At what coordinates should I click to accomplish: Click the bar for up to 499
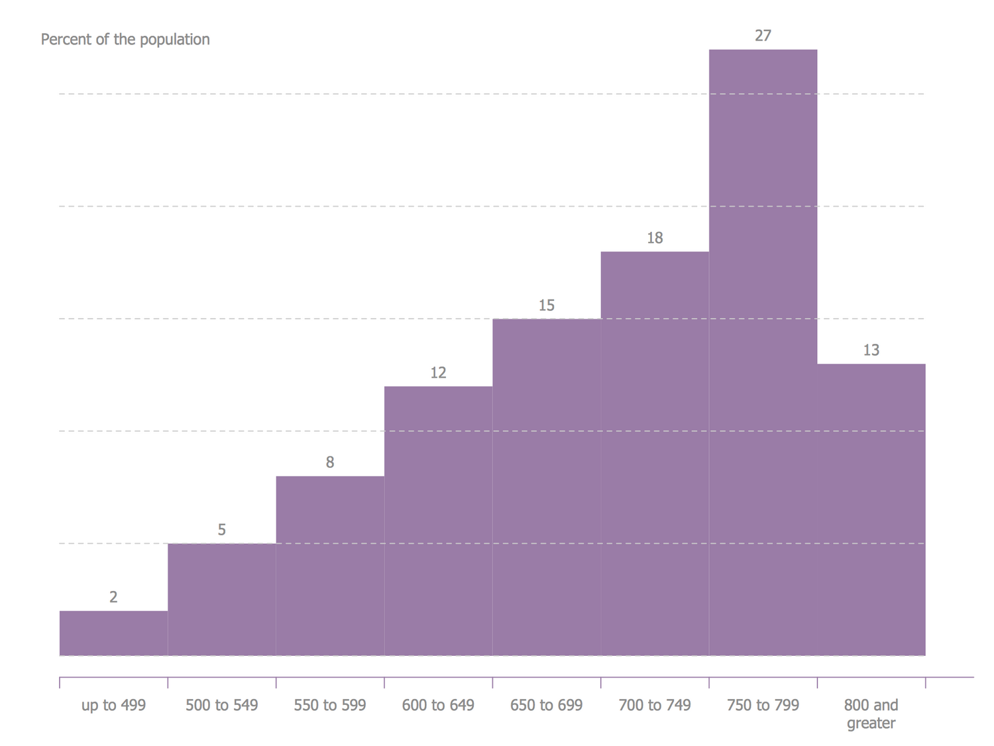tap(113, 633)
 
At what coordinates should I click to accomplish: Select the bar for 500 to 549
tap(221, 600)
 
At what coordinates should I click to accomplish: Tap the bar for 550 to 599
tap(330, 566)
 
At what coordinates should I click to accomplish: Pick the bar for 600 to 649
tap(438, 521)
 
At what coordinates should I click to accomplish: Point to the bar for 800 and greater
tap(871, 509)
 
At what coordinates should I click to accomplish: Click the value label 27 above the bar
tap(763, 36)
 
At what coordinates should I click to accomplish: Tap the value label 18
tap(655, 238)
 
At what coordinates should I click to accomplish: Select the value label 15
tap(546, 305)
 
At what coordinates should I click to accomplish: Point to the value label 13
tap(871, 350)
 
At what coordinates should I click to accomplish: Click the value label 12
tap(438, 372)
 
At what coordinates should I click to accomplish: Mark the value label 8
tap(330, 462)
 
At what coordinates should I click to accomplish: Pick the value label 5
tap(221, 530)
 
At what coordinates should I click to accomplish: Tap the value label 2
tap(113, 597)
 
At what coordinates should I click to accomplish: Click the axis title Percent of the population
tap(125, 39)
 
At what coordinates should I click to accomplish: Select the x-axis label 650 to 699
tap(546, 705)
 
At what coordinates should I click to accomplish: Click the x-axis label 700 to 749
tap(655, 705)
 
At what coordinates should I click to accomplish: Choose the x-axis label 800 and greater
tap(871, 714)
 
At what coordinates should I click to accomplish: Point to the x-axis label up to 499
tap(113, 705)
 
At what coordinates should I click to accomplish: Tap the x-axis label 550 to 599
tap(330, 705)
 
